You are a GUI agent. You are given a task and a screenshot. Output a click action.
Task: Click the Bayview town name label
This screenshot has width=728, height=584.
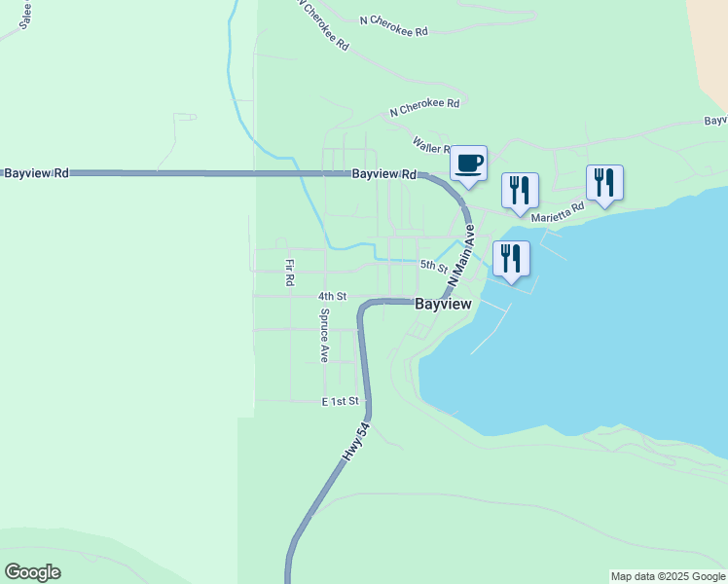coord(443,304)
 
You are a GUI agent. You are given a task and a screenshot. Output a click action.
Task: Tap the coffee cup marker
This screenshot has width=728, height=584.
coord(468,163)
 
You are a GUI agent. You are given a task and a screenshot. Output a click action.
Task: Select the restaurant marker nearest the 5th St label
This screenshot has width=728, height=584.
coord(511,258)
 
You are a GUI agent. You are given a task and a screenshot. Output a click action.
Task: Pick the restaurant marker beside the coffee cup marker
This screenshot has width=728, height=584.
coord(520,190)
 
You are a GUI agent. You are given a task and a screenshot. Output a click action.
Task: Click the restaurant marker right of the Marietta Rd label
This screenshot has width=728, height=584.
coord(604,182)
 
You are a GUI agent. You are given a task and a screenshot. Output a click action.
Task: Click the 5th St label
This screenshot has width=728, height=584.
coord(433,266)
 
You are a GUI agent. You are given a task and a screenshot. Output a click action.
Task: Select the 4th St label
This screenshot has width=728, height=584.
coord(332,296)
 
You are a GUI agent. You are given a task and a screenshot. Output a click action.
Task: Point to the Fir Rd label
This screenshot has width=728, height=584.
coord(289,273)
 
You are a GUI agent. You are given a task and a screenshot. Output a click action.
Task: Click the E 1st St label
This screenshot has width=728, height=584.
coord(341,401)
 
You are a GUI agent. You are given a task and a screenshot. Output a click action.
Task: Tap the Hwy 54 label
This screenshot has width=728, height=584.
coord(356,442)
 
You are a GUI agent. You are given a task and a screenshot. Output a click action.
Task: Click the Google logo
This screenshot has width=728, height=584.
coord(32,572)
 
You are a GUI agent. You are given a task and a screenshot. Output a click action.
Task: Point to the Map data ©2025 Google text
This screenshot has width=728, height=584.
coord(668,576)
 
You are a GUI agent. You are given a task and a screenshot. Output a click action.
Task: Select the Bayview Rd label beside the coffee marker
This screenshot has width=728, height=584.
coord(383,174)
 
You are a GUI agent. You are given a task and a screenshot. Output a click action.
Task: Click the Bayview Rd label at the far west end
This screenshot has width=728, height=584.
coord(36,173)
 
